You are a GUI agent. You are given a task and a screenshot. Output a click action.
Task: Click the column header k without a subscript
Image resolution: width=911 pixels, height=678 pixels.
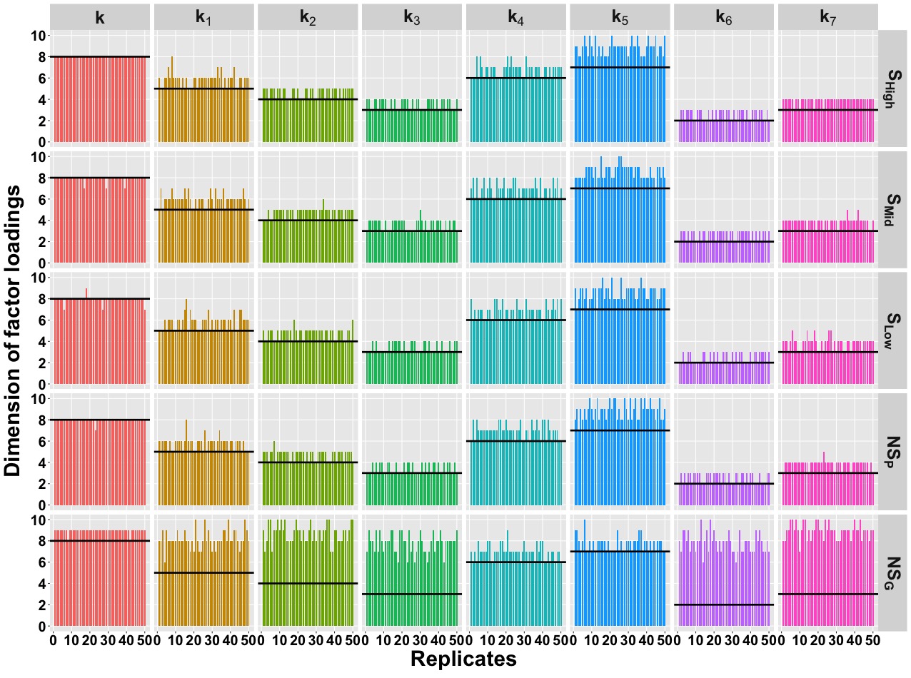[x=100, y=17]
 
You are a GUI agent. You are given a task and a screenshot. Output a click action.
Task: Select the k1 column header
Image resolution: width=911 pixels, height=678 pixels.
[x=204, y=17]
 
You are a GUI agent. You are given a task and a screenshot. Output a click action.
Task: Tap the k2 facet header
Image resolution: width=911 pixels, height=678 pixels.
[x=308, y=17]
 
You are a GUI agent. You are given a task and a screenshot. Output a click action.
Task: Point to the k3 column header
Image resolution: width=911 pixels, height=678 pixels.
[x=412, y=17]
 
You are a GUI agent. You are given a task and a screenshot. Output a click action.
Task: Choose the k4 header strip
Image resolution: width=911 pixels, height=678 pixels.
[x=515, y=17]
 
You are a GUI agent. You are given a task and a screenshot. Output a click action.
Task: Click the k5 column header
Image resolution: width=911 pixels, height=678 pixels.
[x=620, y=17]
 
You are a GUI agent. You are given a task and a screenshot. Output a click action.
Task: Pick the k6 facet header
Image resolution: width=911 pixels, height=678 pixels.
[x=723, y=17]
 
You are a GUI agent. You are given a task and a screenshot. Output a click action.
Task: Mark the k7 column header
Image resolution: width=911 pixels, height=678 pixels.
[x=827, y=17]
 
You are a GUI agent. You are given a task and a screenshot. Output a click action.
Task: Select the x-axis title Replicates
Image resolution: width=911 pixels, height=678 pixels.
[x=463, y=659]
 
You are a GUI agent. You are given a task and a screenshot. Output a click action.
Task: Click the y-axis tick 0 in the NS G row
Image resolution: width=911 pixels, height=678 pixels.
[x=42, y=626]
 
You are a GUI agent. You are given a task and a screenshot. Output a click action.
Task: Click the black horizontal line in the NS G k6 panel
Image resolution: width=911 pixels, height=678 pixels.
[x=723, y=604]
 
